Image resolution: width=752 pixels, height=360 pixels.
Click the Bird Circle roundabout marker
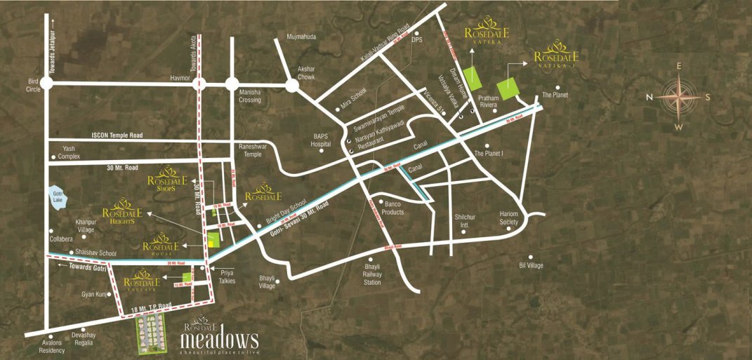click(x=46, y=83)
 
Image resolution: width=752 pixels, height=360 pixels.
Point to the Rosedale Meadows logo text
click(x=218, y=338)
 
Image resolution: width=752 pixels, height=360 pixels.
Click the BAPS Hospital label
click(x=320, y=139)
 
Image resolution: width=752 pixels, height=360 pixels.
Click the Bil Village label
click(x=531, y=266)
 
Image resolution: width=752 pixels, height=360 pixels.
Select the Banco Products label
click(x=388, y=208)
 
